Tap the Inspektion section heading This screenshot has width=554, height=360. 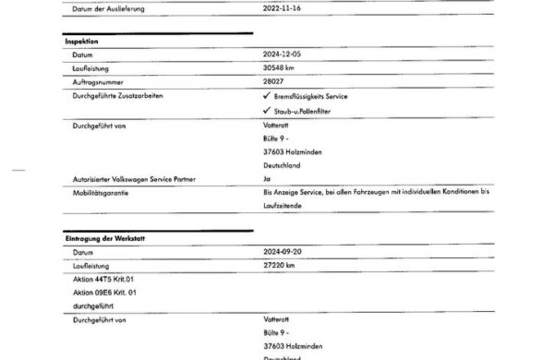[82, 42]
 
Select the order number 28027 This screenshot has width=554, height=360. [275, 82]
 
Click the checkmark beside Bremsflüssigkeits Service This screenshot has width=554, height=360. [267, 96]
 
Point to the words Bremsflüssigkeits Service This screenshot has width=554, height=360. [315, 96]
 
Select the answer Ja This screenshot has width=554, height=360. [267, 178]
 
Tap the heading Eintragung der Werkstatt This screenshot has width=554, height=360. [103, 238]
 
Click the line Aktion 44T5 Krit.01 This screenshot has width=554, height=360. [103, 278]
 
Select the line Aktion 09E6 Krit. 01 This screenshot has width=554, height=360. [104, 292]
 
